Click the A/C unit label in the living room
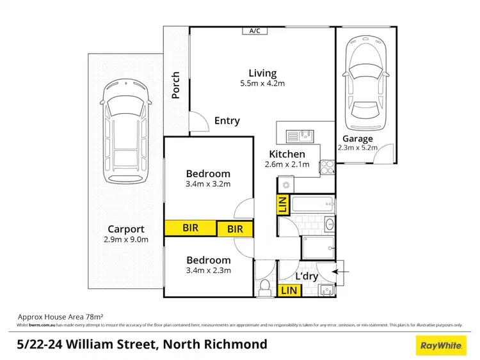coord(255,30)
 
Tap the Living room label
coord(262,73)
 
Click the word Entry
coord(227,120)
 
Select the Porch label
coord(175,86)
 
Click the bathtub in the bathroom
coord(314,205)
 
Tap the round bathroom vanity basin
coord(329,224)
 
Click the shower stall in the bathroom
coord(318,247)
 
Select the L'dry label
coord(307,276)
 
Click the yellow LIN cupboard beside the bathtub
coord(282,205)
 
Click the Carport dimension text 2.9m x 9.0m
coord(125,240)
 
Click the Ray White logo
coord(440,345)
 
